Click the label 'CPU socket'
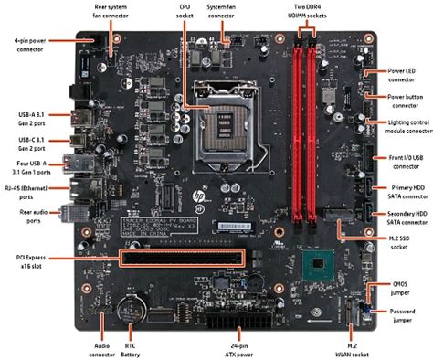(x=185, y=9)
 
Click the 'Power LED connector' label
(x=407, y=73)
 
